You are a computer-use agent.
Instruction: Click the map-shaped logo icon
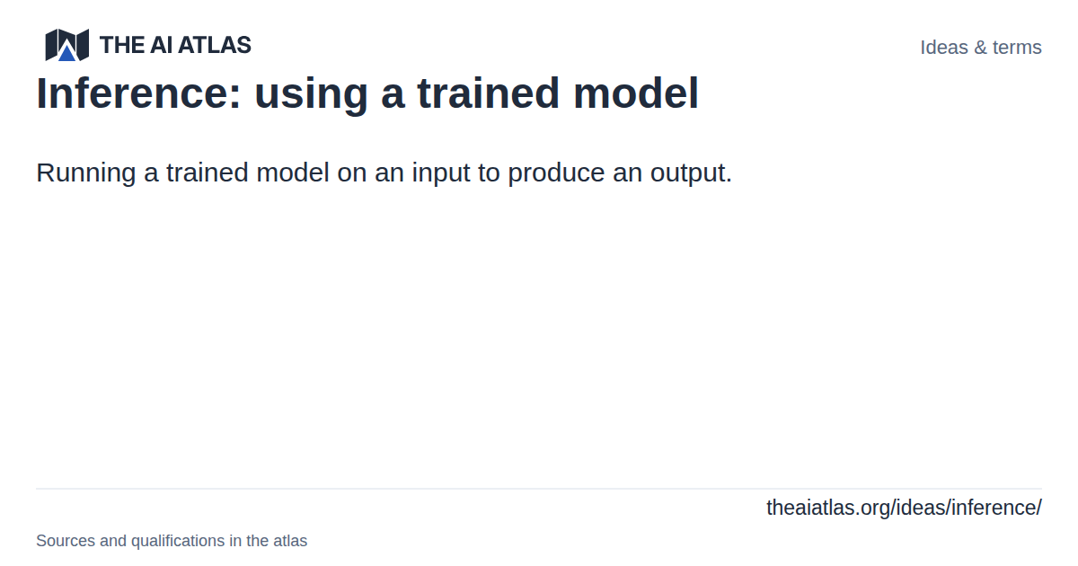pos(66,45)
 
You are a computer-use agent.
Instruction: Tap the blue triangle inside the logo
pos(66,53)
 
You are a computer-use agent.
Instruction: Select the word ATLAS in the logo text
pos(215,45)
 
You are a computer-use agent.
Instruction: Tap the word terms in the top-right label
pos(1017,48)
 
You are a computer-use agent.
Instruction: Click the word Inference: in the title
pos(138,93)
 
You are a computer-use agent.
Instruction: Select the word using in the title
pos(311,96)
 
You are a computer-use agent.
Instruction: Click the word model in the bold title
pos(636,93)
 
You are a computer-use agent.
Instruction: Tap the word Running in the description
pos(86,173)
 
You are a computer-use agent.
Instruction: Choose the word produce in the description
pos(556,173)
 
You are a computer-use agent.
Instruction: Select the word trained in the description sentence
pos(208,172)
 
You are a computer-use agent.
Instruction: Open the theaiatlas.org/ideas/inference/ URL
pos(905,509)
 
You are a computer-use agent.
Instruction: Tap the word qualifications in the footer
pos(178,542)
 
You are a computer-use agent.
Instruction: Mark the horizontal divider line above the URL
pos(539,489)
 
